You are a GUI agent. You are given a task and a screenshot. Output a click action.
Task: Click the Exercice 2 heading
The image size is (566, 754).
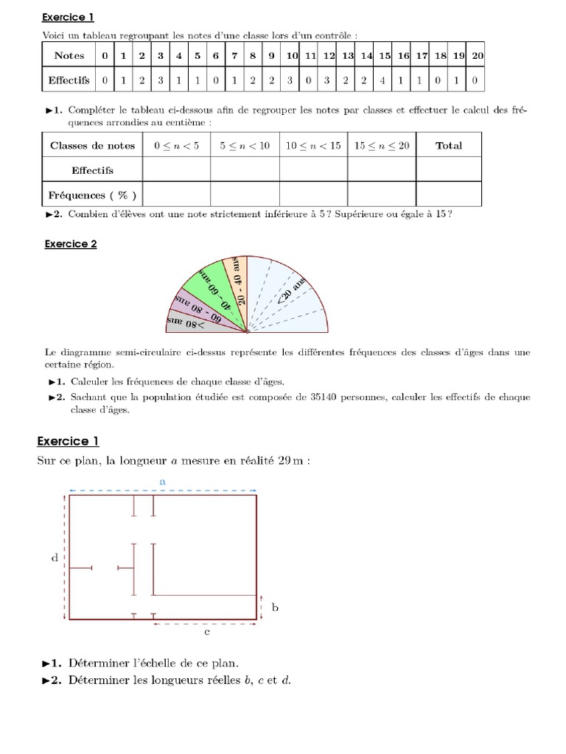[70, 244]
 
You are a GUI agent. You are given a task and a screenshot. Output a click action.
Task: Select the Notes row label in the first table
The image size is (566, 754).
[69, 55]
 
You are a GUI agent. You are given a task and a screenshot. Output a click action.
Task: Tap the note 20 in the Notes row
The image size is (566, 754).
[477, 55]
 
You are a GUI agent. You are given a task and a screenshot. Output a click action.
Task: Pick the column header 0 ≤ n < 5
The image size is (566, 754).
[176, 145]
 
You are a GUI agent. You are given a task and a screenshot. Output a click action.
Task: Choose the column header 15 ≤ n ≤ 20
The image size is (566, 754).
[381, 145]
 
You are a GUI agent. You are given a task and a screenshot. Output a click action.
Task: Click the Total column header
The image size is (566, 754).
[448, 145]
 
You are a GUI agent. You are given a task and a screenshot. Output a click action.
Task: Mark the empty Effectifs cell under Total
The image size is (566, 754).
[448, 170]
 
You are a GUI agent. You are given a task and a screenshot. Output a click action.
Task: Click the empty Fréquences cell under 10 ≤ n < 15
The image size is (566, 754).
[312, 195]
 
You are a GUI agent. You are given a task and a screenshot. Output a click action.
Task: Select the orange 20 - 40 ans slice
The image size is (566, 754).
[237, 280]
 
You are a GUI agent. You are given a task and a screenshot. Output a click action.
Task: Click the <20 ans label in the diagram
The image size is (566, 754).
[291, 290]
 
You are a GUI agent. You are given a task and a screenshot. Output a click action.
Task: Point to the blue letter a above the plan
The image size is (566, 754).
[162, 480]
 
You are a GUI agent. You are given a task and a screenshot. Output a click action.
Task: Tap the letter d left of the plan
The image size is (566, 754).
[55, 558]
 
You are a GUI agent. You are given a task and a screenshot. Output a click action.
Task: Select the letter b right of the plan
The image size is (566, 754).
[275, 607]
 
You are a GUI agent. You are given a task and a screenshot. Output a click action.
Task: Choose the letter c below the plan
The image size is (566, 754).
[208, 632]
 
